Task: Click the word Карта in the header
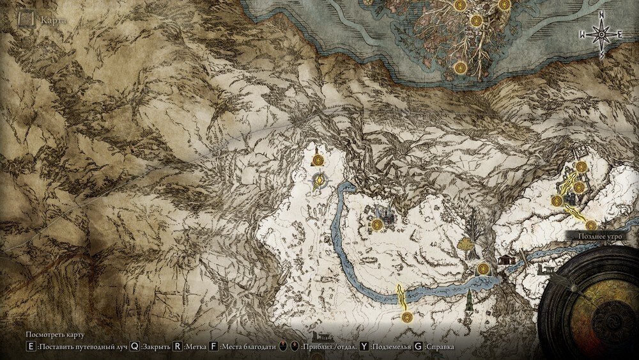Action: (x=53, y=20)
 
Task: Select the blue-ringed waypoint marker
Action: (x=319, y=183)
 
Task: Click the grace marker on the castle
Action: (x=378, y=224)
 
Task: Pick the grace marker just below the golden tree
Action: (x=482, y=269)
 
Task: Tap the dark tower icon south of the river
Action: (x=470, y=298)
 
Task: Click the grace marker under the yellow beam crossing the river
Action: (x=404, y=317)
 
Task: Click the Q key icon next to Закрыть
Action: (x=135, y=347)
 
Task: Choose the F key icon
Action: (x=213, y=347)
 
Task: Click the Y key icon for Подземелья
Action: (x=364, y=347)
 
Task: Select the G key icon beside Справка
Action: (x=418, y=347)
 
